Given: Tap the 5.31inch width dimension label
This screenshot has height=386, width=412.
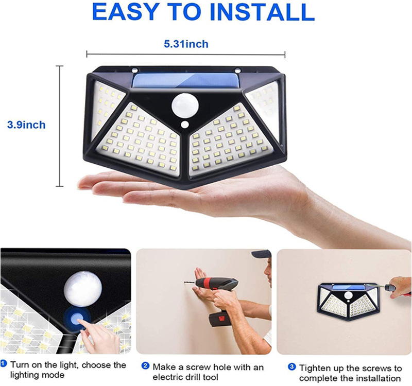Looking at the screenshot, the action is tap(186, 44).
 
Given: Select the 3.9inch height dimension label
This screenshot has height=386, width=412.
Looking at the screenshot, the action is tap(26, 125).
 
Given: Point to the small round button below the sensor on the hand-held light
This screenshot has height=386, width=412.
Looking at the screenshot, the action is tap(185, 125).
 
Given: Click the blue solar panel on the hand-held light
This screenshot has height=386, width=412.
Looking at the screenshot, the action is tap(186, 80).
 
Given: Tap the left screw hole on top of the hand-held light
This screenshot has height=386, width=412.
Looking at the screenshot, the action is tap(135, 70).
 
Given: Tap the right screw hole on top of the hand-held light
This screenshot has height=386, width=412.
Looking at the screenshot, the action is tap(238, 71).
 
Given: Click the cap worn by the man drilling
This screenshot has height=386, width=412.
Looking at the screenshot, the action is tap(261, 253).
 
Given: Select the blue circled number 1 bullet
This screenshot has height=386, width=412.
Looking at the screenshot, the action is tap(4, 364).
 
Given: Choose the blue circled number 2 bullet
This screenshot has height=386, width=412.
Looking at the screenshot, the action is tap(145, 366).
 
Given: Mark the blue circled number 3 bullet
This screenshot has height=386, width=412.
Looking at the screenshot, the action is tap(292, 366).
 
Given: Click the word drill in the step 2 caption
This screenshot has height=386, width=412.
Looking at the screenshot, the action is tap(192, 377).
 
